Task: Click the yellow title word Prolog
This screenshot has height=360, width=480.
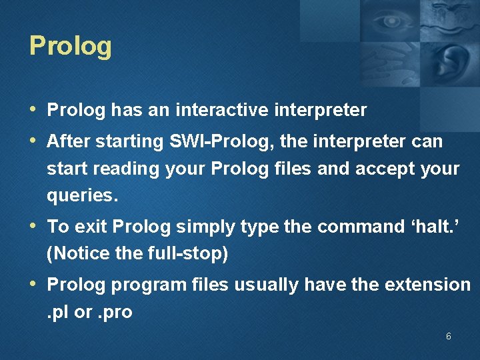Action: [71, 46]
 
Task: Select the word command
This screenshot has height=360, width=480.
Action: [361, 227]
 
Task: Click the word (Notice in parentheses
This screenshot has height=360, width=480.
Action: [78, 253]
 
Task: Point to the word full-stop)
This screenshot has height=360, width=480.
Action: [188, 253]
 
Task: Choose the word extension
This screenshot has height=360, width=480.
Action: [427, 285]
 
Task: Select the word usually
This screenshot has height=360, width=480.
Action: [266, 285]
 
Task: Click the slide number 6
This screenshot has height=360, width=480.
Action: [449, 336]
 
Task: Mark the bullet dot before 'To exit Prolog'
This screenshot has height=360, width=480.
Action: [33, 225]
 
